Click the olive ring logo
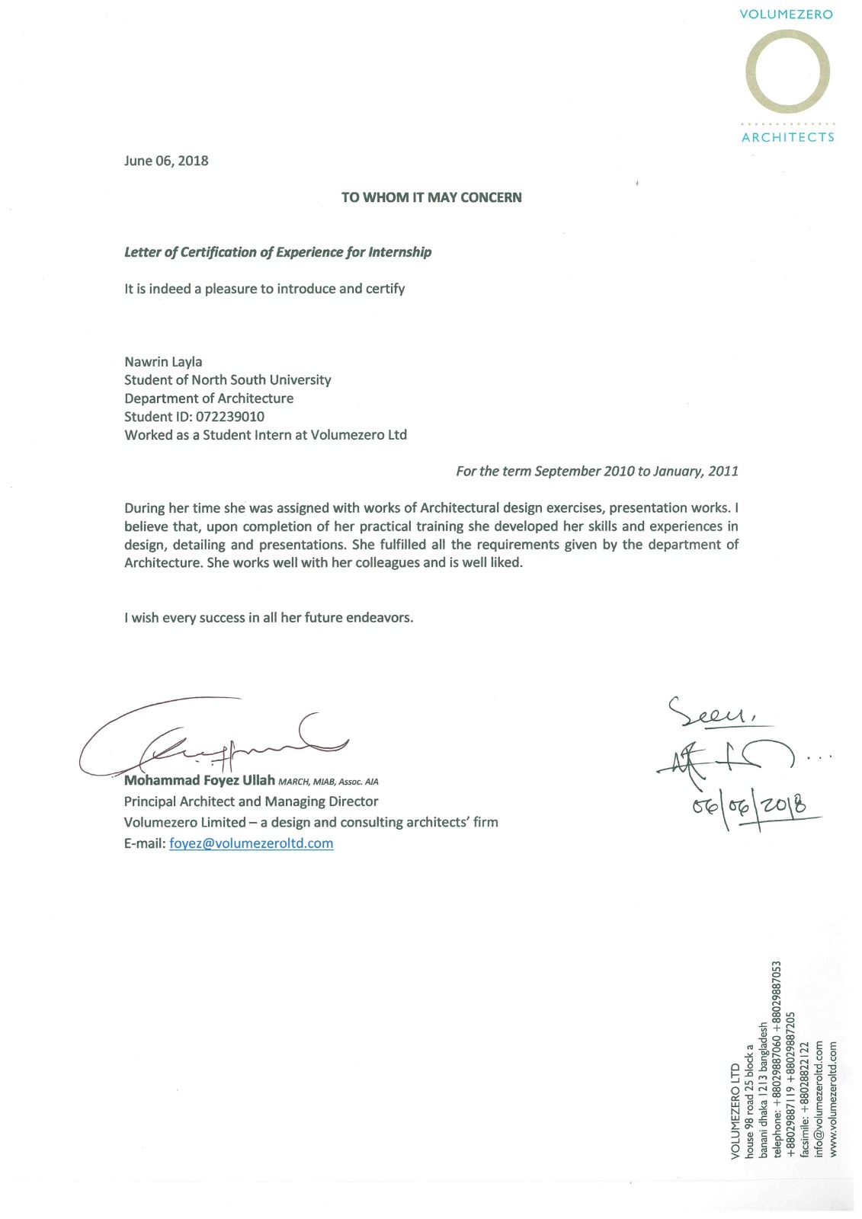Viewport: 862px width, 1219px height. click(787, 72)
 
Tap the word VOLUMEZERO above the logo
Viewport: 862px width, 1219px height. click(786, 14)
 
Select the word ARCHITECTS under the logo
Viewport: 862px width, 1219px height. click(787, 137)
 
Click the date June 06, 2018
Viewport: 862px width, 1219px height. click(166, 161)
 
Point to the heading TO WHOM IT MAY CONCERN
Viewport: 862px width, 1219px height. click(431, 197)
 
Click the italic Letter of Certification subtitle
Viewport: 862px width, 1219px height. click(277, 252)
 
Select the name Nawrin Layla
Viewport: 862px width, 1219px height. click(163, 362)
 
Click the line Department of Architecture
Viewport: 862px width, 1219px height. click(209, 398)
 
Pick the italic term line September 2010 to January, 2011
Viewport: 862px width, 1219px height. click(597, 472)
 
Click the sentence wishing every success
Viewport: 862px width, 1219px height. click(268, 618)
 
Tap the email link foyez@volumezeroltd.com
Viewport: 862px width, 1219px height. click(251, 843)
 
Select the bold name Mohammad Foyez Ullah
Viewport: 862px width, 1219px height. click(199, 781)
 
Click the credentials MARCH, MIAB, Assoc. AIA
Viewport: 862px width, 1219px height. click(328, 782)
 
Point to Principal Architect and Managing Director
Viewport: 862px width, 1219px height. click(251, 801)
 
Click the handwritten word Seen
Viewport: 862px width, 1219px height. click(709, 713)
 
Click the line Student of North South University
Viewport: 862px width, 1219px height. click(227, 380)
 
